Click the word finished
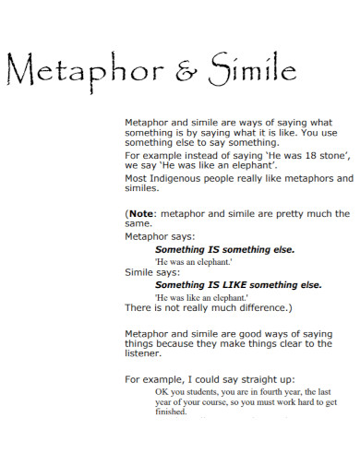point(171,412)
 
